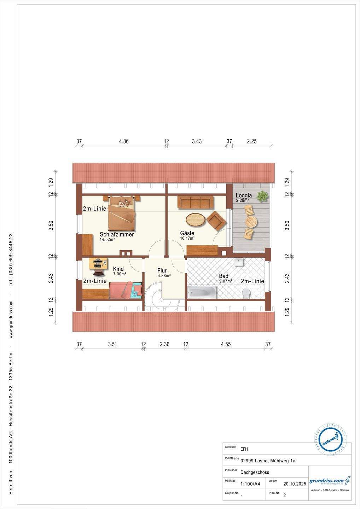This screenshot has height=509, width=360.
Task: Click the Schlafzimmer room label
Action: [x=117, y=234]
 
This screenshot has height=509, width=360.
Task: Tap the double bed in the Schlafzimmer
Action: [x=122, y=213]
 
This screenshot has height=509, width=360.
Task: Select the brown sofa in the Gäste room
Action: [x=196, y=203]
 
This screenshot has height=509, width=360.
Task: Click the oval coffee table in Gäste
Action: [x=196, y=219]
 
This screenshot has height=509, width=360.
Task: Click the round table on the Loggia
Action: [x=251, y=222]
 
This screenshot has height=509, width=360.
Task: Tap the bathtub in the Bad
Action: [x=202, y=292]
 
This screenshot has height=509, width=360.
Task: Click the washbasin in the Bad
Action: [x=239, y=262]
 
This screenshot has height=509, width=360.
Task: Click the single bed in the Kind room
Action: [x=126, y=290]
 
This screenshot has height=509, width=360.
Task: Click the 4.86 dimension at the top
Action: [x=123, y=141]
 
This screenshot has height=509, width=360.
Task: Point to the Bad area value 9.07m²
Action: [x=225, y=281]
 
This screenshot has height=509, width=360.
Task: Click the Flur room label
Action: [x=162, y=271]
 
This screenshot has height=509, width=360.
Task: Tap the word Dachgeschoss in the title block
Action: [x=255, y=472]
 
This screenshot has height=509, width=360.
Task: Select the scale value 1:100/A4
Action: [x=250, y=484]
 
